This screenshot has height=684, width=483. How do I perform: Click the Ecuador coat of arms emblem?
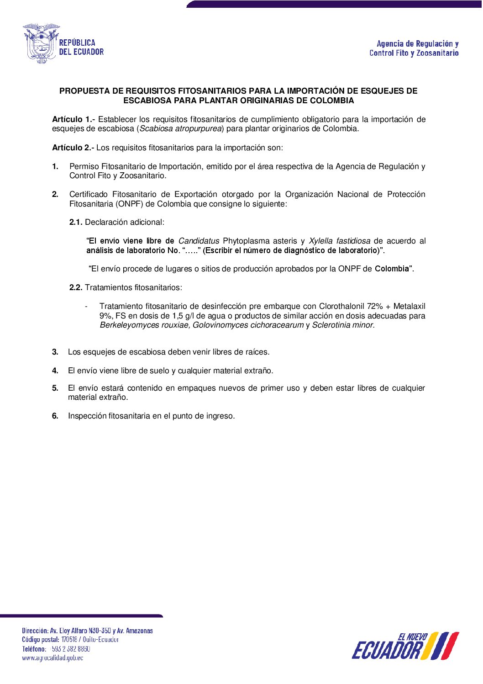point(41,43)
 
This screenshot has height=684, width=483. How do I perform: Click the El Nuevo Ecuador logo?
point(405,646)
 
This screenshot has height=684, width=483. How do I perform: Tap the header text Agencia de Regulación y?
point(417,44)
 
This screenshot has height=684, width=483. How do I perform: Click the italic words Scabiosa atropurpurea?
point(180,128)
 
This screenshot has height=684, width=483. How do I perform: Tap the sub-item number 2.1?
point(76,222)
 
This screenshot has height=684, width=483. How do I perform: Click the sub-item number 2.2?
point(76,287)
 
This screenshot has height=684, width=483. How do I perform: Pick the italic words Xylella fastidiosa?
point(339,241)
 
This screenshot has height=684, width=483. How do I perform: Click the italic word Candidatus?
point(199,241)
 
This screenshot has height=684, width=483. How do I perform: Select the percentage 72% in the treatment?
point(375,306)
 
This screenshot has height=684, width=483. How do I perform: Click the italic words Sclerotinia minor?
point(343,325)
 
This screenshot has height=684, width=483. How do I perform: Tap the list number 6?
point(55,416)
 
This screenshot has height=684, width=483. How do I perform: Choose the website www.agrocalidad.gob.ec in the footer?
point(52,658)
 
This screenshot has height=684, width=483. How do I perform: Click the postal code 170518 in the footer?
point(69,640)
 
